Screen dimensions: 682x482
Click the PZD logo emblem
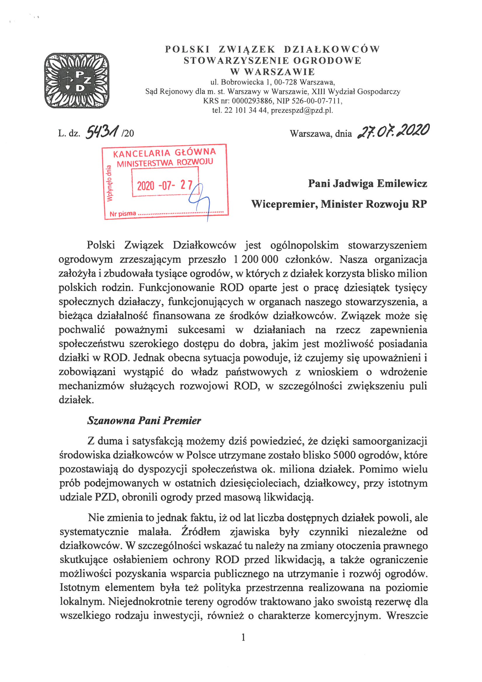point(77,80)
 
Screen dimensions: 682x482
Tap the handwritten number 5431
point(102,132)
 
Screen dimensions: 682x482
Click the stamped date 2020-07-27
point(164,185)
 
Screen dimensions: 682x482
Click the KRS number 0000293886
point(252,101)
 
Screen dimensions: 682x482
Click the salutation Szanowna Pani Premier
point(144,421)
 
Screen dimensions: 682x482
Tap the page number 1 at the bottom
point(243,637)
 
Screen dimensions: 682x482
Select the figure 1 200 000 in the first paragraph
point(256,259)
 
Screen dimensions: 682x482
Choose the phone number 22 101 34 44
point(245,111)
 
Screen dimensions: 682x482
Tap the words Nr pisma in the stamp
point(123,214)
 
